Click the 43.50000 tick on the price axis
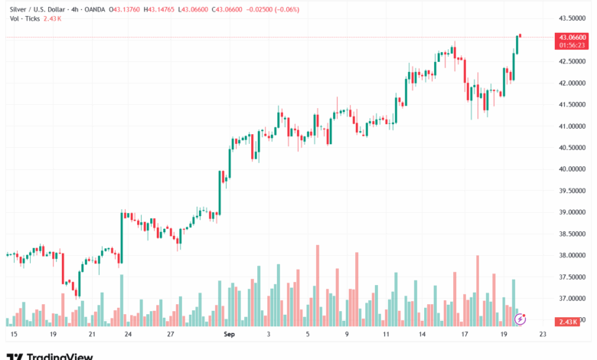573,18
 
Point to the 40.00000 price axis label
573,169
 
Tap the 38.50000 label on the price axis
573,234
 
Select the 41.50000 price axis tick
573,104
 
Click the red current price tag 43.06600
573,37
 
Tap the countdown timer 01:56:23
573,44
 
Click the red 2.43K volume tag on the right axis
569,320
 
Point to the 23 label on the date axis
543,335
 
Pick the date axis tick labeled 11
387,335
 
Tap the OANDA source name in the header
93,10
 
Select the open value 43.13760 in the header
127,10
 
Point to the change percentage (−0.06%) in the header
284,10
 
